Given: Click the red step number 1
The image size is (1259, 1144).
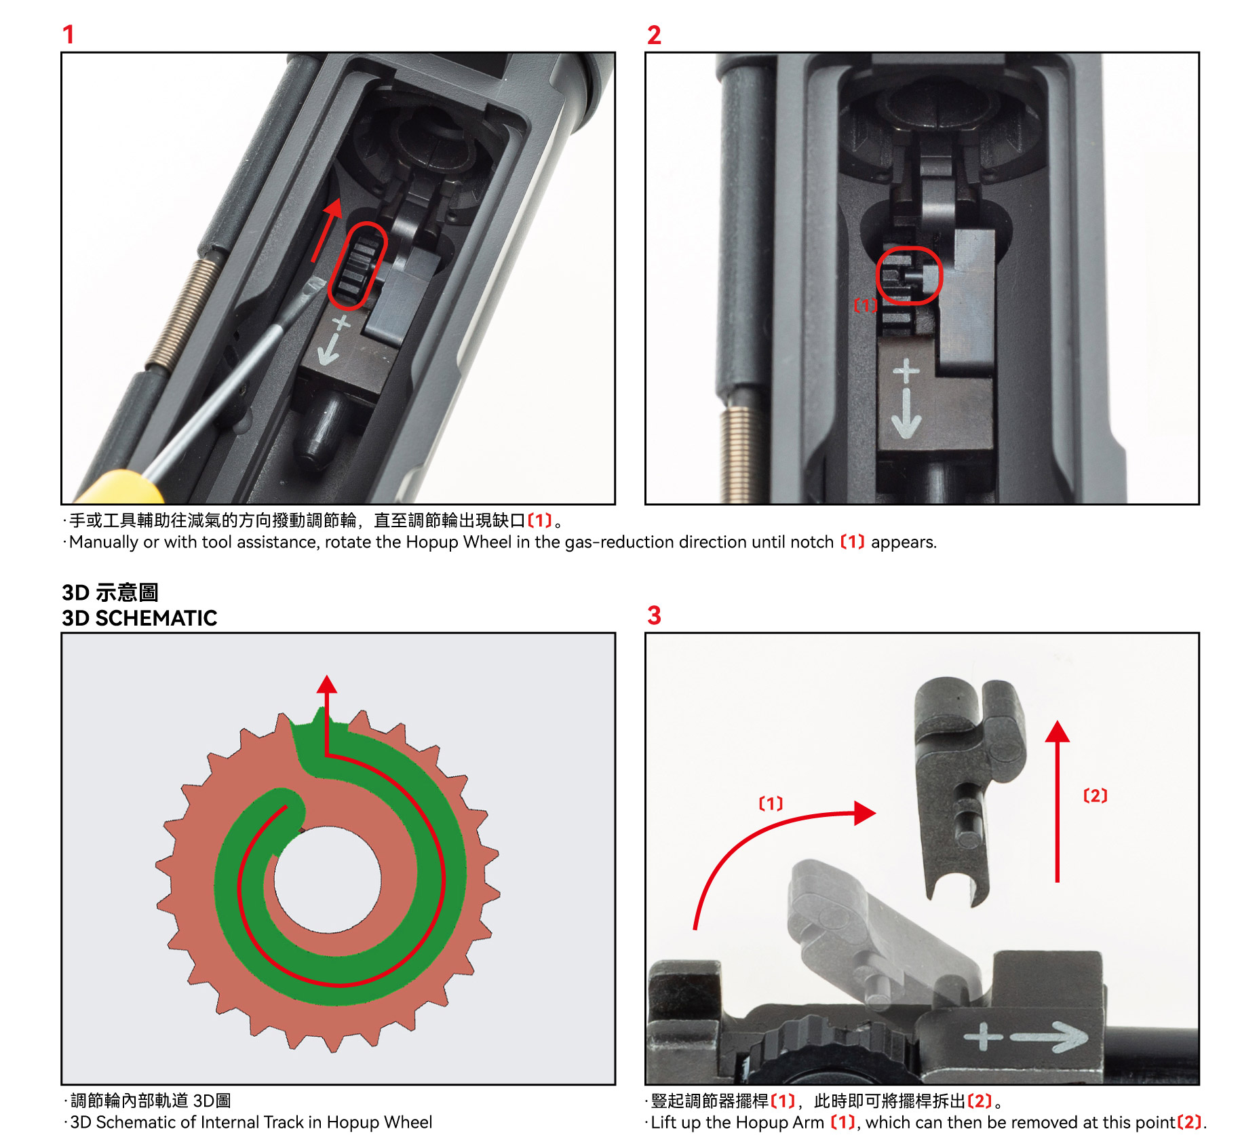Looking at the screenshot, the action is (x=68, y=35).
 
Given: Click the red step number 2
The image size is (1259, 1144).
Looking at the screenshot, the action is (x=654, y=35).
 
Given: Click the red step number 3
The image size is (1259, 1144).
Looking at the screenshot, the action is (x=654, y=615).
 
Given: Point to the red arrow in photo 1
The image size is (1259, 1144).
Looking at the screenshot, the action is (x=326, y=231).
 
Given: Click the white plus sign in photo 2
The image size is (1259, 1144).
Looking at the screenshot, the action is (x=906, y=371).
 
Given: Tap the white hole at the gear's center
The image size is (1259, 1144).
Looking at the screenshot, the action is (x=328, y=879).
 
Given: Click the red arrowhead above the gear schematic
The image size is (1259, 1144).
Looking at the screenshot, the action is (x=327, y=684).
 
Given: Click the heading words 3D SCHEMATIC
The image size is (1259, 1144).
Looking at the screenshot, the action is (x=140, y=618).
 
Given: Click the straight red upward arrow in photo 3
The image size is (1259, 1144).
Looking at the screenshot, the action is (x=1057, y=801).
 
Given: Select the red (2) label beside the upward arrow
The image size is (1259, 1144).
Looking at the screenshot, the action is (x=1096, y=795).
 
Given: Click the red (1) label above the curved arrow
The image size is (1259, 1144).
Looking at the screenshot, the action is (x=771, y=803).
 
